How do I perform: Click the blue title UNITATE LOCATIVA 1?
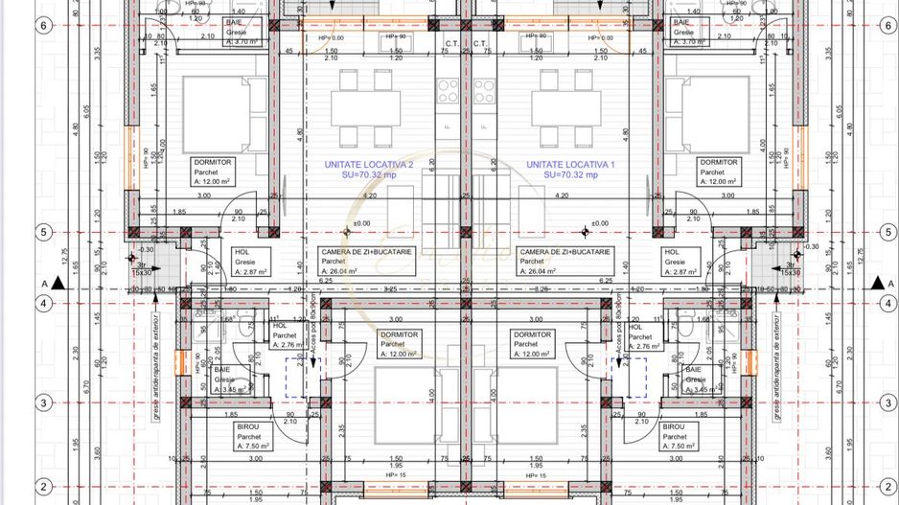point(570,165)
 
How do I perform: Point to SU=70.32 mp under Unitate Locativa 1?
point(570,176)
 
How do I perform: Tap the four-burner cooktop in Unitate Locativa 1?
point(484,91)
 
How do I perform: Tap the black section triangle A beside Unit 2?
point(59,284)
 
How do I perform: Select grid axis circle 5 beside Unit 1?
point(885,232)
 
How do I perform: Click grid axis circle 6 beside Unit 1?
point(885,26)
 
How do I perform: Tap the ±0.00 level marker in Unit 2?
point(357,225)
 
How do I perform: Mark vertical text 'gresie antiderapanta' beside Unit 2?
point(155,364)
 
